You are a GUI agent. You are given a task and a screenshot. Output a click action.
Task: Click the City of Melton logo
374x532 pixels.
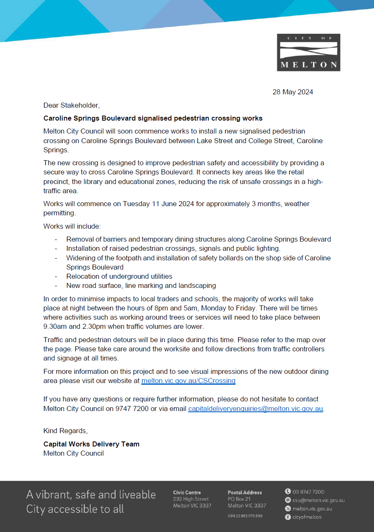[x=309, y=53]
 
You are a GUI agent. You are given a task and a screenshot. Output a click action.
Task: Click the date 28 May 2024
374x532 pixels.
[x=293, y=92]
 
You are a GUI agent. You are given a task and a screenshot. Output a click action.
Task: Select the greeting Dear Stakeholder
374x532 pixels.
[x=72, y=105]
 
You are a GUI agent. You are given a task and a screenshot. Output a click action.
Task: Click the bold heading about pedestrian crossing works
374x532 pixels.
[x=153, y=119]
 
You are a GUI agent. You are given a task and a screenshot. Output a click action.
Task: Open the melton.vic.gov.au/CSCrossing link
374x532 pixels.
[x=188, y=381]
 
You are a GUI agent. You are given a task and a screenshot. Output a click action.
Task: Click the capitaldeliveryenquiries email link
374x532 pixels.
[x=256, y=409]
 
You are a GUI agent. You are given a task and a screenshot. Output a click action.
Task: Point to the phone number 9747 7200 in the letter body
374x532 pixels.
[x=132, y=409]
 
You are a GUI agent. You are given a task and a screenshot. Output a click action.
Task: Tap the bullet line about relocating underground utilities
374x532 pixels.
[x=119, y=276]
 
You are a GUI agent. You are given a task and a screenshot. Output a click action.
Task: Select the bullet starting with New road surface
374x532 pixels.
[x=141, y=286]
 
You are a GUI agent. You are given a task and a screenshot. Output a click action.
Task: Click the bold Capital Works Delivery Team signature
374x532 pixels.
[x=91, y=444]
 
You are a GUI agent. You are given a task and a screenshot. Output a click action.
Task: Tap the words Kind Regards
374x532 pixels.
[x=65, y=431]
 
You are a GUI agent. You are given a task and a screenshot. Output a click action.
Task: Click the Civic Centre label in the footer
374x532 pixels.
[x=187, y=493]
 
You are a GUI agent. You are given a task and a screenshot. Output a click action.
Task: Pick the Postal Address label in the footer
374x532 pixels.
[x=245, y=493]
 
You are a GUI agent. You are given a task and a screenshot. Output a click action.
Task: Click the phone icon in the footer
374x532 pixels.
[x=288, y=492]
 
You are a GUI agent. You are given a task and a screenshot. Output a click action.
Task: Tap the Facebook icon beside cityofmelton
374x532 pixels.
[x=288, y=517]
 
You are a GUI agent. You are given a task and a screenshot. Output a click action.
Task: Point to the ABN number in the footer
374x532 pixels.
[x=245, y=516]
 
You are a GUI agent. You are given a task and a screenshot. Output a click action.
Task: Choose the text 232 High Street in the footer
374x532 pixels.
[x=191, y=499]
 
